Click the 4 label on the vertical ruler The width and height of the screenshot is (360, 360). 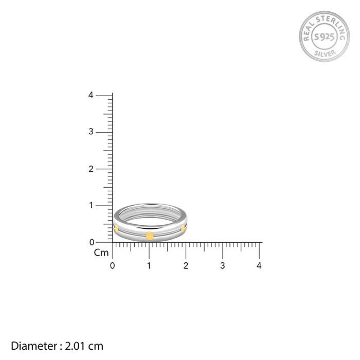(91, 95)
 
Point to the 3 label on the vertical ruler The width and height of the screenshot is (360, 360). (91, 132)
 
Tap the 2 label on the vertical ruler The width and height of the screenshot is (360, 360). (91, 169)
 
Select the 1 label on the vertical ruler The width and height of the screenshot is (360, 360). (91, 205)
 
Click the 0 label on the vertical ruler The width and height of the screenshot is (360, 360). (92, 242)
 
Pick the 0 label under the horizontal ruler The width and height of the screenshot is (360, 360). (112, 266)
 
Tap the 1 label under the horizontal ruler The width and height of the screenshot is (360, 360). (149, 266)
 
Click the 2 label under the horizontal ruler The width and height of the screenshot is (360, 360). (186, 266)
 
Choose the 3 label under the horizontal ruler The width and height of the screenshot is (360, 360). (223, 266)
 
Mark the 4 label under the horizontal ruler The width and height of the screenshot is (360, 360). (259, 266)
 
